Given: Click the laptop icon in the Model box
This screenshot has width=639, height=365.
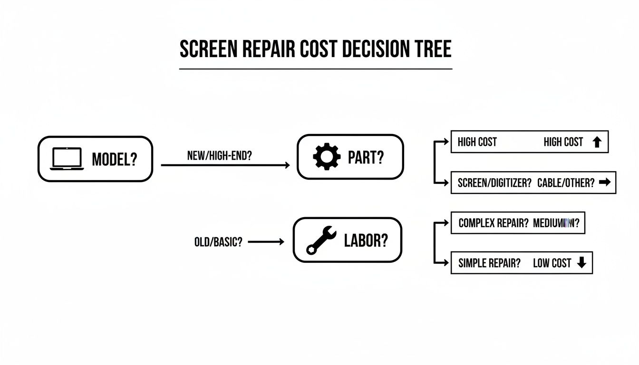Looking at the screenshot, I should coord(67,159).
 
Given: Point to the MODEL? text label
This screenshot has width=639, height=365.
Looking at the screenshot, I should coord(114,159).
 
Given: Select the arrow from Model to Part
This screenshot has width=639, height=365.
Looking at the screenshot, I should coord(225,165).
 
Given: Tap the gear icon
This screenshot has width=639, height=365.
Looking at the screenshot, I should coord(327,157).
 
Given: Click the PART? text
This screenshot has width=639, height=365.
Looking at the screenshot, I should coord(366,157).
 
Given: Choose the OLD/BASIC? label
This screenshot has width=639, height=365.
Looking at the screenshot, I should coord(218,241).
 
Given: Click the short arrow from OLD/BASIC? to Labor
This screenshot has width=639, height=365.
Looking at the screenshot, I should coord(266,241).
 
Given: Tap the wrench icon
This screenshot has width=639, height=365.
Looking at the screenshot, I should coord(321,240).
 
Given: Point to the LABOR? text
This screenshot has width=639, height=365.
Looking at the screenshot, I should coord(366,240).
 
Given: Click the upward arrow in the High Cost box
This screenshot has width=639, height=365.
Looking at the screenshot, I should coord(597,142).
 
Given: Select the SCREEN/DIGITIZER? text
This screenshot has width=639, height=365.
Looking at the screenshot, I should coord(494,183).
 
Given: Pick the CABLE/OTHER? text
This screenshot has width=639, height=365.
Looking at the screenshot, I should coord(566,183).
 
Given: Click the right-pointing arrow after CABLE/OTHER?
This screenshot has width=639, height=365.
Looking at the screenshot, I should coord(605,182).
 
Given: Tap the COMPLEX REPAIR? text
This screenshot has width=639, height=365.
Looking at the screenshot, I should coord(494,223).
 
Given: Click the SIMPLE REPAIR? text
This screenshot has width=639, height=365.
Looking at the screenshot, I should coord(489,263).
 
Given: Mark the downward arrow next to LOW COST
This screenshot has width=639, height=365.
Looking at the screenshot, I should coord(581,263).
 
